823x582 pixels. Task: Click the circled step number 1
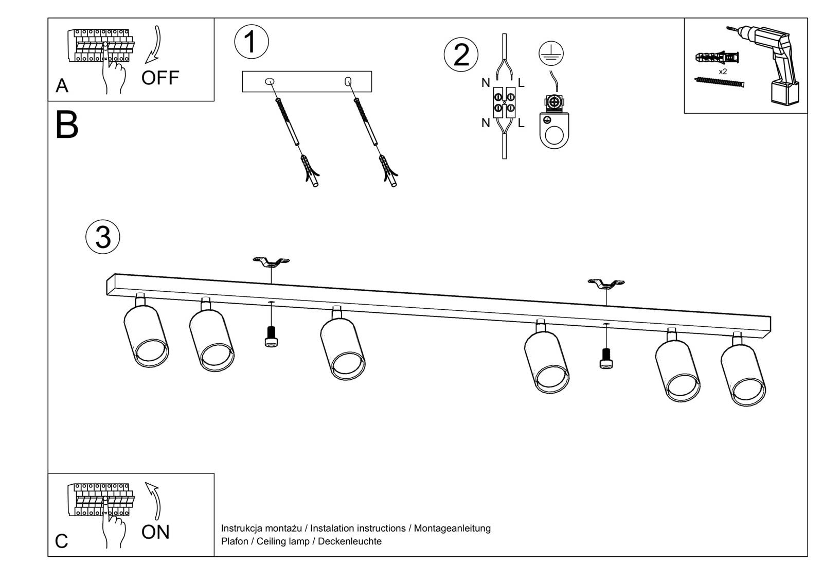pos(251,42)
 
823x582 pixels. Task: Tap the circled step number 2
pos(461,55)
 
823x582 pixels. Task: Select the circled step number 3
pos(103,237)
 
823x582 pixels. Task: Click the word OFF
pos(160,78)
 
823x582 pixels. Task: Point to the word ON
pos(155,532)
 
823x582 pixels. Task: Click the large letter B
pos(67,125)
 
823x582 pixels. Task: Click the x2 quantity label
pos(723,72)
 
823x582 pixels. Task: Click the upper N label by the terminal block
pos(486,83)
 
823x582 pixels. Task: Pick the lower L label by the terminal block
pos(521,123)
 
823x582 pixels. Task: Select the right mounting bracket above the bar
pos(606,284)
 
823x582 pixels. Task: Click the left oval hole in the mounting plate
pos(270,81)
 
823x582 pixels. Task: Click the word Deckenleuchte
pos(350,541)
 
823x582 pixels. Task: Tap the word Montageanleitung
pos(452,528)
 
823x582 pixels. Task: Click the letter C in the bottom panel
pos(61,541)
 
